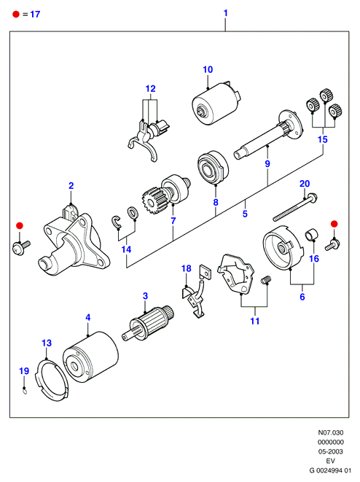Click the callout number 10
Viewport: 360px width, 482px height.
click(208, 69)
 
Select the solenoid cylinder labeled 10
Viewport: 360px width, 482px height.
click(216, 103)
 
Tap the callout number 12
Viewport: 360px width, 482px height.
click(150, 88)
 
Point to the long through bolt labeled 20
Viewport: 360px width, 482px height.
click(295, 208)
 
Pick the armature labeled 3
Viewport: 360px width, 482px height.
click(149, 323)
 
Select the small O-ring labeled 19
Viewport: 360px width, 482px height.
click(25, 392)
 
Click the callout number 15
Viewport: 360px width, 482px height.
click(323, 139)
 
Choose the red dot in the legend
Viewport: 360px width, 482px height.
click(15, 14)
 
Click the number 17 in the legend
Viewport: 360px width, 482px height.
click(35, 14)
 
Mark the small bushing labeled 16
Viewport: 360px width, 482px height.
click(311, 235)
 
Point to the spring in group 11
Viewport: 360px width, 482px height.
click(266, 280)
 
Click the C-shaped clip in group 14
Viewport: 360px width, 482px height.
click(116, 222)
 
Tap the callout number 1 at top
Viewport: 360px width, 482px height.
click(225, 13)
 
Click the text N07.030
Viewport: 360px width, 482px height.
click(331, 432)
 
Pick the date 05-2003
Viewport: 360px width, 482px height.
click(331, 451)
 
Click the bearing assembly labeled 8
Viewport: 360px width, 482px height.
click(213, 168)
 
